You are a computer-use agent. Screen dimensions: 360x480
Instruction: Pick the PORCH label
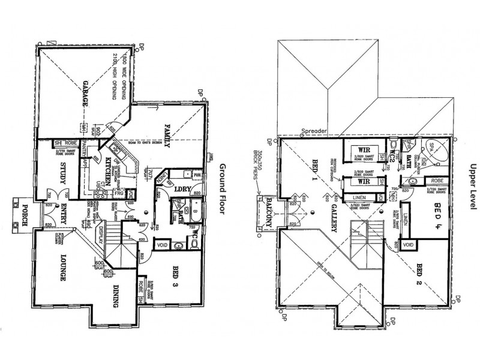pyautogui.click(x=25, y=215)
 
